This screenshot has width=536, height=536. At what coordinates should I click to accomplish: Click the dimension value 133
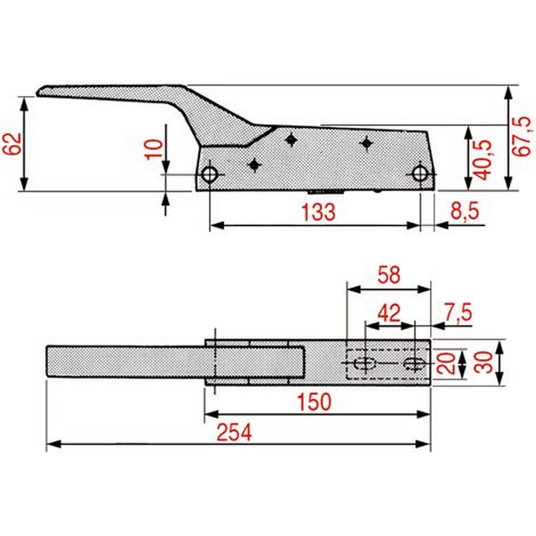(319, 212)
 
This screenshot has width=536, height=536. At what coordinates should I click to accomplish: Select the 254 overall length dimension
(235, 432)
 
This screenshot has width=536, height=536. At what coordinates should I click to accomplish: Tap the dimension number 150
(314, 402)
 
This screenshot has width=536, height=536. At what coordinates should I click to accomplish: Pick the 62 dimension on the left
(13, 144)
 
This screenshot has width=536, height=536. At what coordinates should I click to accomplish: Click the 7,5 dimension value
(458, 311)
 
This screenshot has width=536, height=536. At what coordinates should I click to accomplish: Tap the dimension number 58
(389, 275)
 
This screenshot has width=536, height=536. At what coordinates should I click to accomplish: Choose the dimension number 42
(389, 313)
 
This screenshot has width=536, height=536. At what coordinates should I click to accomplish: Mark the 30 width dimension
(483, 362)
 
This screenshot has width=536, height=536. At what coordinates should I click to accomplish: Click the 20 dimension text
(447, 363)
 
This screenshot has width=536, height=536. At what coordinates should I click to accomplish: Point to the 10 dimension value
(154, 149)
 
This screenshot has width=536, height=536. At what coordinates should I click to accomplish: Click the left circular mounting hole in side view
(210, 174)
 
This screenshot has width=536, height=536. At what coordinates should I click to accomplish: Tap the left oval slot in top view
(364, 363)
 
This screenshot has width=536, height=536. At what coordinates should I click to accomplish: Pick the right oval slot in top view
(414, 363)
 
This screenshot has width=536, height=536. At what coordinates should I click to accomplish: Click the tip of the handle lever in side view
(38, 93)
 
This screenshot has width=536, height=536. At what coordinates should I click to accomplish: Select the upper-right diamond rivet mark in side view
(366, 143)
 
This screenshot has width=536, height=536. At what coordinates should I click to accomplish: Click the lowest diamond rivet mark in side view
(254, 165)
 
